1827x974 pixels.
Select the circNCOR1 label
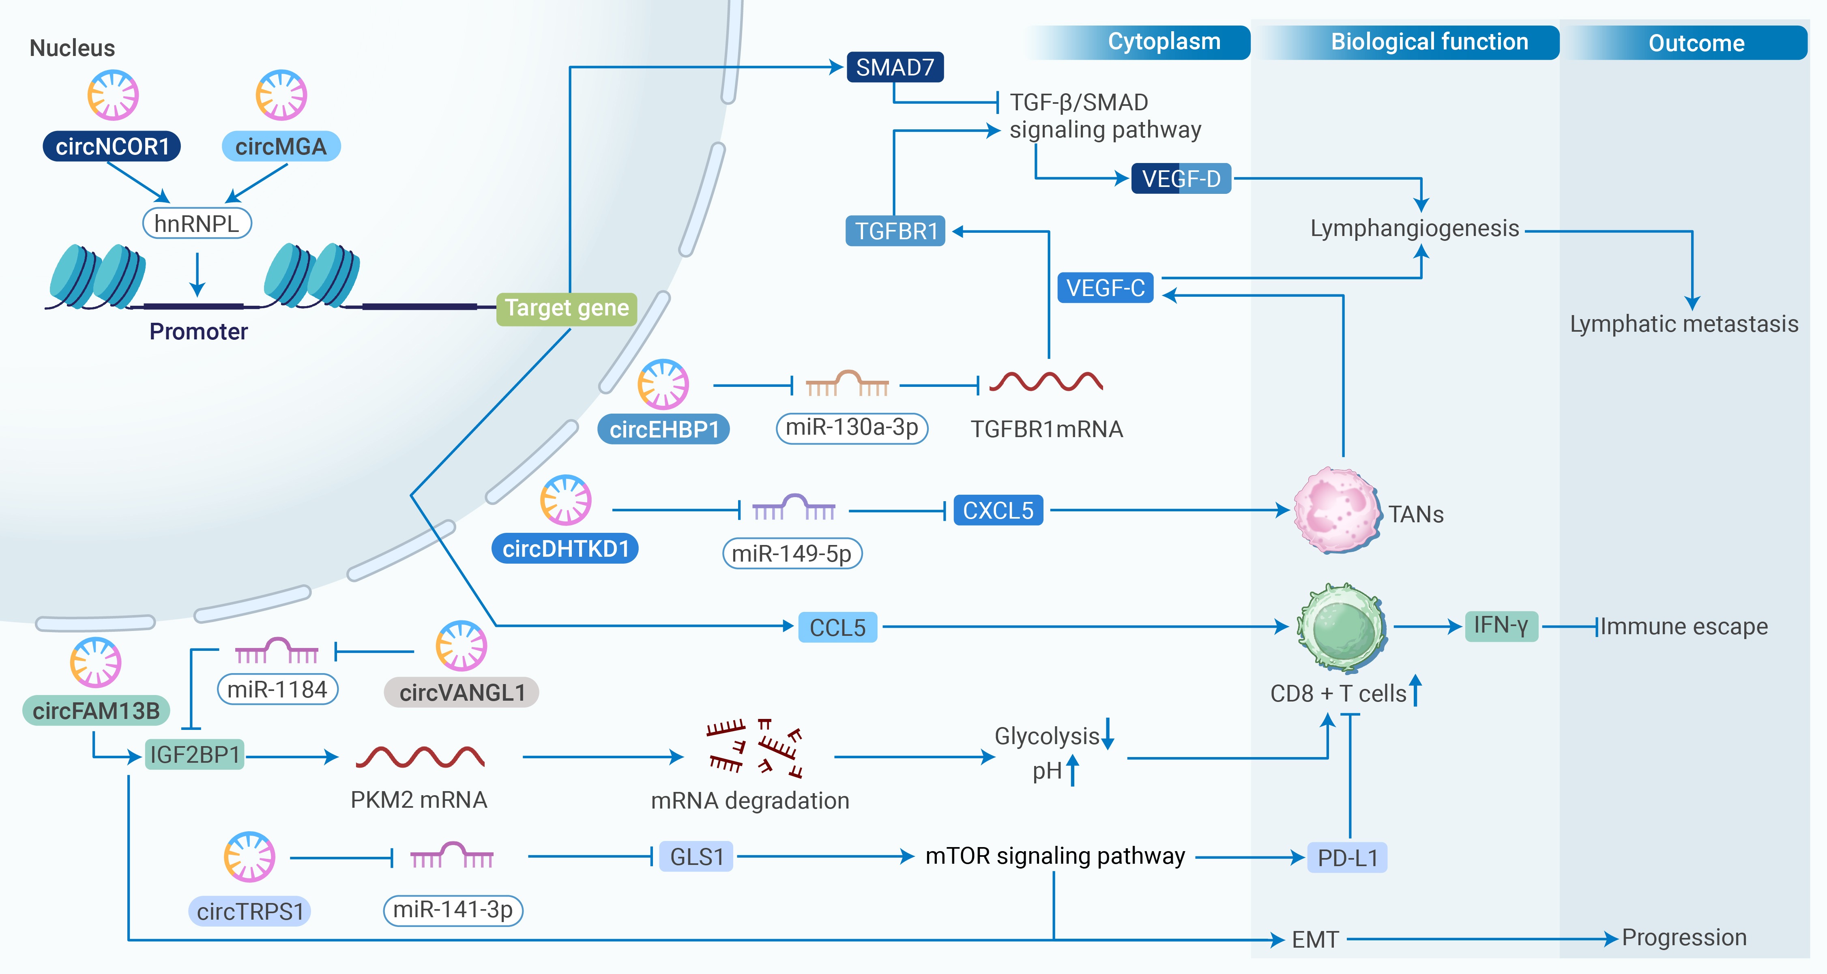point(112,147)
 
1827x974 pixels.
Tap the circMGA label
point(281,147)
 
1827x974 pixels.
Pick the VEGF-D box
point(1181,179)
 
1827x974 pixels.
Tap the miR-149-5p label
point(792,554)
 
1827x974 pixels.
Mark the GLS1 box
point(696,857)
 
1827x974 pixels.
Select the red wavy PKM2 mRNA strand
point(420,757)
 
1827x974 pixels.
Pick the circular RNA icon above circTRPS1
point(249,857)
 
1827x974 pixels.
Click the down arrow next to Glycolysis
point(1108,734)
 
